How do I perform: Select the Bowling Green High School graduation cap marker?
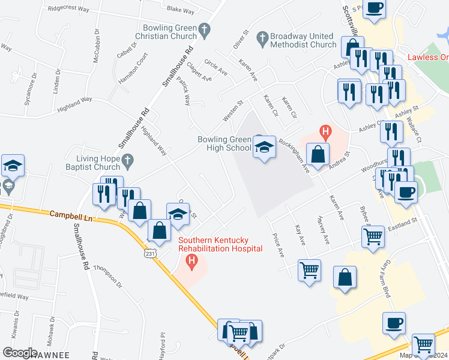tap(264, 148)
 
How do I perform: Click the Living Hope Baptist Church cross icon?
tap(126, 160)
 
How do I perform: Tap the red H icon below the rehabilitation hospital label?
tap(192, 260)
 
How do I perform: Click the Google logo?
tap(20, 352)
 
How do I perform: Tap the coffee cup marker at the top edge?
tap(375, 8)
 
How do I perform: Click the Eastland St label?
tap(402, 223)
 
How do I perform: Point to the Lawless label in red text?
tap(427, 58)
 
